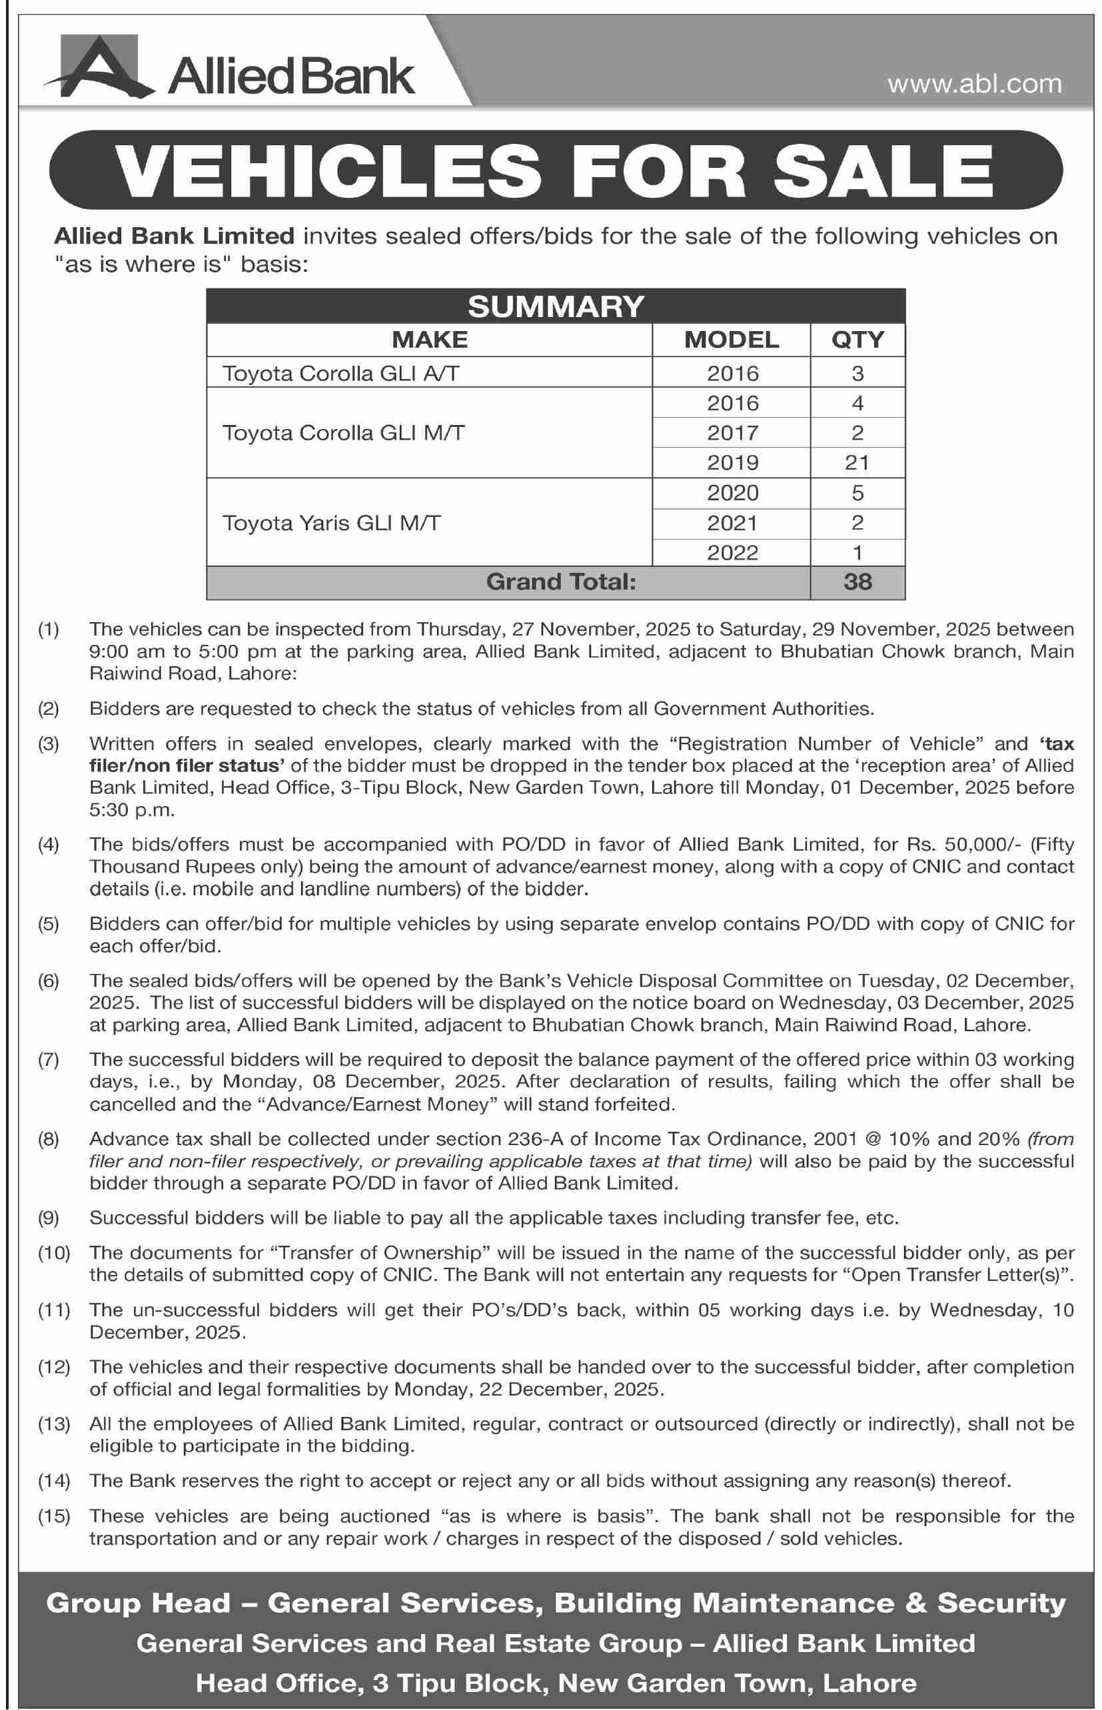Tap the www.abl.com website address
coord(974,85)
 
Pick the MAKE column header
coord(429,340)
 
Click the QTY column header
coord(857,340)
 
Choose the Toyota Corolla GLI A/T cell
coord(340,374)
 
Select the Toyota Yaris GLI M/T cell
coord(331,523)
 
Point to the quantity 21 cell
coord(857,463)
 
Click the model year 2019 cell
coord(732,463)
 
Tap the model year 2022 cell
coord(732,553)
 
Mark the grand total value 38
coord(857,582)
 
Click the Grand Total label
coord(561,582)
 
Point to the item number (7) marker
coord(49,1060)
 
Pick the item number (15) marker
coord(54,1516)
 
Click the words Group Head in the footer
coord(138,1603)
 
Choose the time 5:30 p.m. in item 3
coord(132,810)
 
